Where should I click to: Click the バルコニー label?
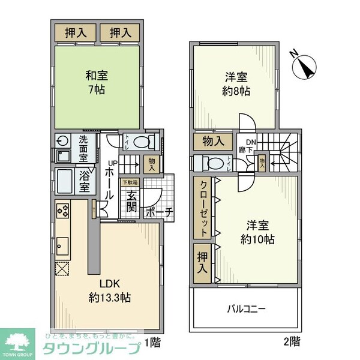246,310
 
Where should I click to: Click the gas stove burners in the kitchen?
63,212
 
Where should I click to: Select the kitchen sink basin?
63,245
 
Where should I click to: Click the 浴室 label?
83,181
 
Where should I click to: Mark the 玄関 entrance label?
131,201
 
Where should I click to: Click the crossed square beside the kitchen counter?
63,268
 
